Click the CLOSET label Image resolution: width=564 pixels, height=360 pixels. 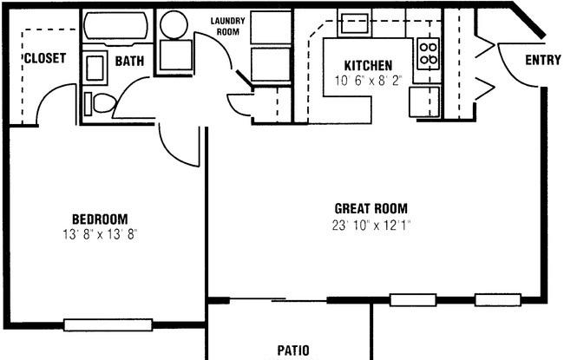(x=45, y=58)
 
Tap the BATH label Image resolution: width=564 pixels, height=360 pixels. (x=129, y=61)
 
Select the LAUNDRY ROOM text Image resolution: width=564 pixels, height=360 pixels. (x=227, y=26)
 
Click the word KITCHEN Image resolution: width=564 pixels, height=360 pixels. (x=368, y=65)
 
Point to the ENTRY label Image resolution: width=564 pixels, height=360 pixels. (x=543, y=60)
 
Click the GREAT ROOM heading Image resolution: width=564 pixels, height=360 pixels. (x=371, y=208)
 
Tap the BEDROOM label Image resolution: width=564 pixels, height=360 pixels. (x=100, y=219)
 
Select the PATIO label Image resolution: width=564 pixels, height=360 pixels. (x=293, y=350)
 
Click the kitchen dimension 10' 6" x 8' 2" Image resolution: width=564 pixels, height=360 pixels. (x=368, y=81)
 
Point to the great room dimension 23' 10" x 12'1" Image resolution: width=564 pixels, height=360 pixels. (x=371, y=226)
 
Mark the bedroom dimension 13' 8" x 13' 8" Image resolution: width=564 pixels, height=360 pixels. (x=101, y=235)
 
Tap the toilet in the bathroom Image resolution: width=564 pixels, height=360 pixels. (x=101, y=103)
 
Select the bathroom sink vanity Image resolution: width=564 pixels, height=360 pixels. (x=95, y=68)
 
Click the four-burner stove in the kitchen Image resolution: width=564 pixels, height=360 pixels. (x=428, y=53)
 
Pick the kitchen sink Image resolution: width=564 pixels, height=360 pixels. (x=355, y=23)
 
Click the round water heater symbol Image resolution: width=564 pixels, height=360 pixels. (x=174, y=24)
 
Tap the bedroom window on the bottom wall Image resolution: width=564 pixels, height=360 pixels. (x=108, y=324)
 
